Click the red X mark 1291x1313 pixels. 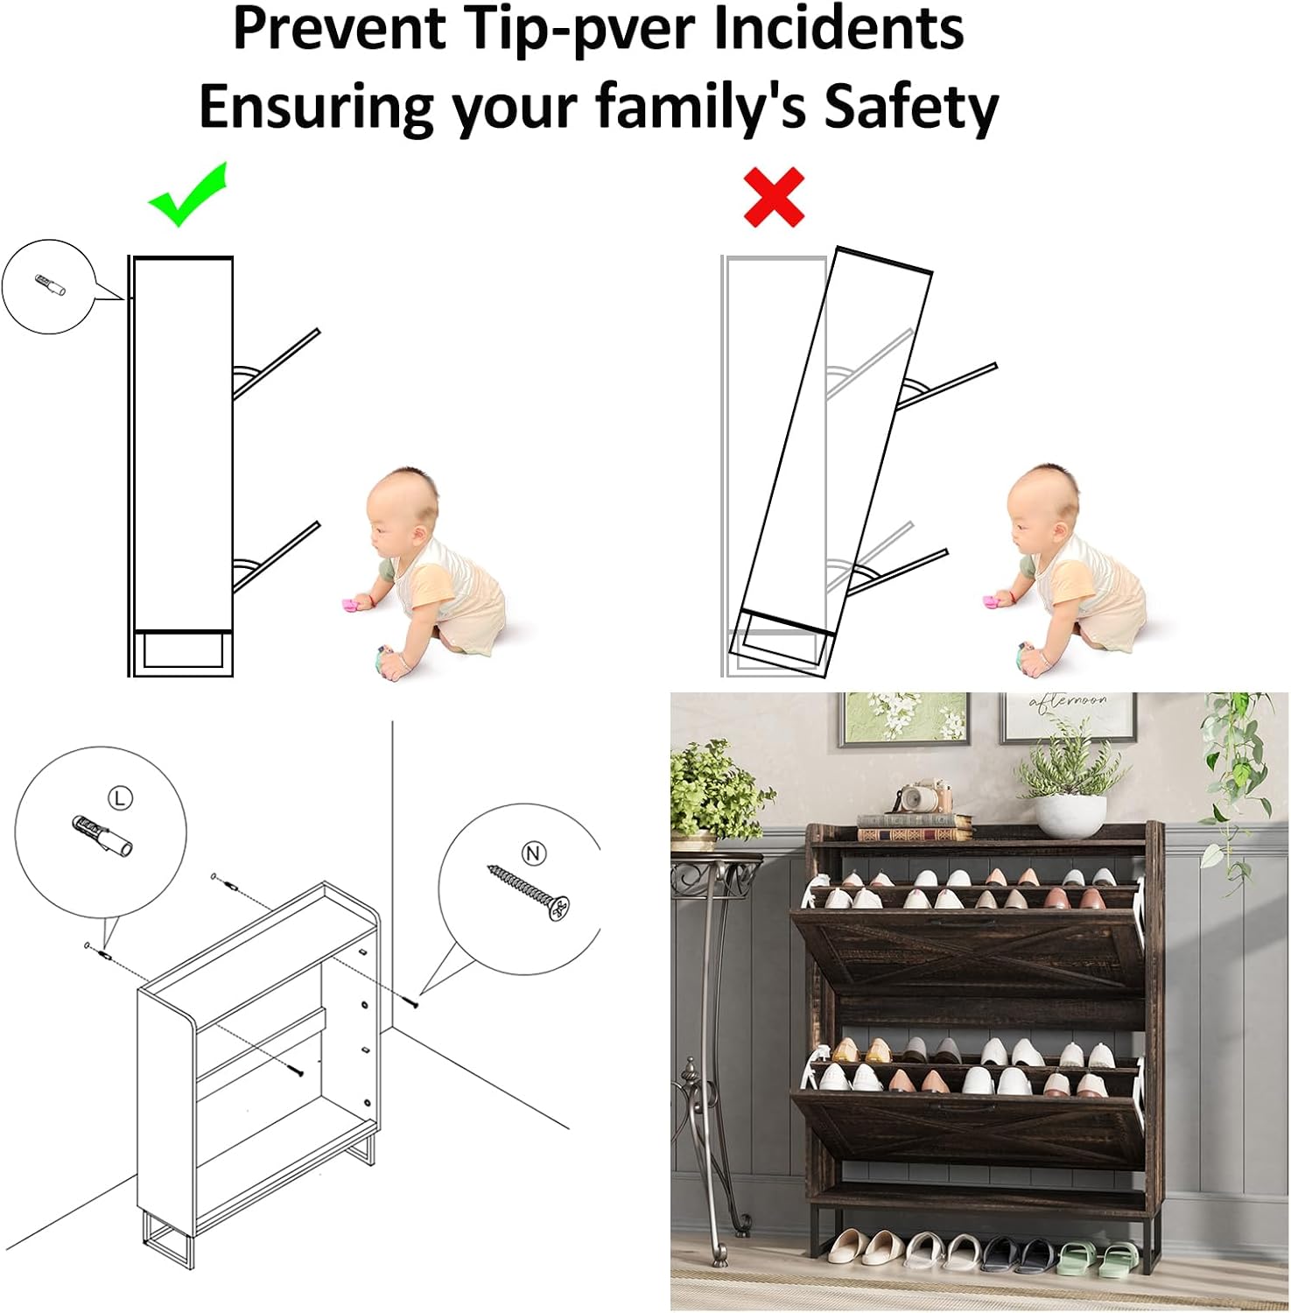(x=774, y=197)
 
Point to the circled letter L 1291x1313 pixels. (x=120, y=797)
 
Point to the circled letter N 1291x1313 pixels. (x=534, y=853)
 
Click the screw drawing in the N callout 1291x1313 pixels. (x=528, y=893)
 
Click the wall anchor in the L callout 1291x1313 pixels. (x=101, y=835)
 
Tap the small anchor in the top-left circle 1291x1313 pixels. (x=50, y=284)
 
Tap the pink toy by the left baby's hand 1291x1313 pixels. (x=354, y=605)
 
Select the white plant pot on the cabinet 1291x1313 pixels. (x=1070, y=815)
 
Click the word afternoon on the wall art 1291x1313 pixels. (x=1068, y=701)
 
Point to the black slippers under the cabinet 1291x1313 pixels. (x=1017, y=1253)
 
